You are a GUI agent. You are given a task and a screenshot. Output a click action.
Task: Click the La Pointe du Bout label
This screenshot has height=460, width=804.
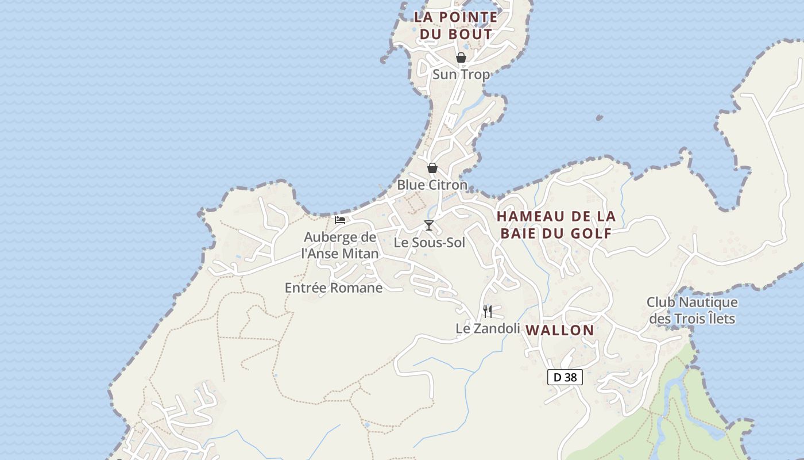tap(456, 25)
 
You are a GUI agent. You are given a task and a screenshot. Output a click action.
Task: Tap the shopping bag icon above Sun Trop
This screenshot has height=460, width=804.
tap(461, 57)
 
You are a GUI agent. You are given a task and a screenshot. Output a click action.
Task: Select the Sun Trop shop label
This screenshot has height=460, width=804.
tap(461, 74)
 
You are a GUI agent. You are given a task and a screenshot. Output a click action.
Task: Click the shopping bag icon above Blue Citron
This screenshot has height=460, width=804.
tap(432, 168)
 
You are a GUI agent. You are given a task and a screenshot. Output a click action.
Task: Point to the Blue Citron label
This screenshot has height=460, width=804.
tap(432, 185)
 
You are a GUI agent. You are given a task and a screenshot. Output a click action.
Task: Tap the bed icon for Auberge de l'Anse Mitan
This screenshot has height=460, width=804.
tap(340, 220)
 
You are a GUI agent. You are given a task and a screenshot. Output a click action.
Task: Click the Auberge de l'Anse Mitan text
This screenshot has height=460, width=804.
tap(340, 245)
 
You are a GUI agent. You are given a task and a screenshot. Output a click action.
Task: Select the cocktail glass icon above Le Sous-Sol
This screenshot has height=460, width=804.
tap(428, 225)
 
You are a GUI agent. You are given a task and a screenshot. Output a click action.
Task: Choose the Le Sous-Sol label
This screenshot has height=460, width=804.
tap(429, 243)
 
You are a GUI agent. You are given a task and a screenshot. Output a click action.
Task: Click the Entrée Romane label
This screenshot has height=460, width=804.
tap(334, 287)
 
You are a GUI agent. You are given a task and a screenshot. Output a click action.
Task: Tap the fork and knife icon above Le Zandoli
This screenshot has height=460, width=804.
tap(488, 312)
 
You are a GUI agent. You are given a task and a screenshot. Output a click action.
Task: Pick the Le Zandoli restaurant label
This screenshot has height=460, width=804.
tap(488, 328)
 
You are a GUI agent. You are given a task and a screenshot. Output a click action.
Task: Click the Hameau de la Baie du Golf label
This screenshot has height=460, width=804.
tap(556, 224)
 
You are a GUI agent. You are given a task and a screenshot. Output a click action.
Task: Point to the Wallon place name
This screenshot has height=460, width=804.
tap(560, 330)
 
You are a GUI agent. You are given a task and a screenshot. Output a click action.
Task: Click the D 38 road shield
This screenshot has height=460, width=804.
tap(565, 377)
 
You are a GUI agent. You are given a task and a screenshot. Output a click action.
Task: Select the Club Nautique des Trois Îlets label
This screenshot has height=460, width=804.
tap(692, 310)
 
